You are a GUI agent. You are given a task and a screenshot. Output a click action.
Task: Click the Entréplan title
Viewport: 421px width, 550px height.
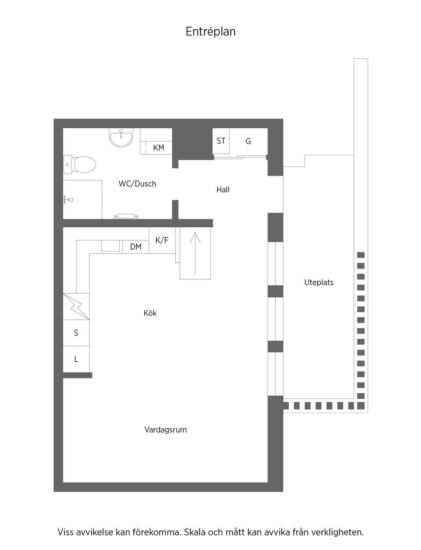coord(210,32)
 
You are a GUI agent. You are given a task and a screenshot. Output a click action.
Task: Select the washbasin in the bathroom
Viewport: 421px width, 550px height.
coord(121,138)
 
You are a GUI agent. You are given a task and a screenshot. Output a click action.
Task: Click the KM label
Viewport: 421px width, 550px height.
coord(158,148)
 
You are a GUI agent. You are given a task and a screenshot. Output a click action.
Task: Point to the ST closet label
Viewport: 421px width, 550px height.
coord(221,141)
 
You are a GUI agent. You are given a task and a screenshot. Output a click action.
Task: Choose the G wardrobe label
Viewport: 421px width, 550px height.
coord(248,141)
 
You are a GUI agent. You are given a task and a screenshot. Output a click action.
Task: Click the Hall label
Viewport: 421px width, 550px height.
coord(223,190)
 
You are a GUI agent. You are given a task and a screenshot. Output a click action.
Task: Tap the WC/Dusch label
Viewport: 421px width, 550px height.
coord(137,184)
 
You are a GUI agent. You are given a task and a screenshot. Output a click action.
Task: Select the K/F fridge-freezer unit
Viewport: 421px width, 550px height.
coord(162,240)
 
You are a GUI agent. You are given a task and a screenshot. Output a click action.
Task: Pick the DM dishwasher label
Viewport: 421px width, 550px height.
coord(136,247)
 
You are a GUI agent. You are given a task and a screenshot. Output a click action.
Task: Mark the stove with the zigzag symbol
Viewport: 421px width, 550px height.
coord(76,306)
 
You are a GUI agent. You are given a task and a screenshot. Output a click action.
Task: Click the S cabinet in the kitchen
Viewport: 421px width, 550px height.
coord(76,333)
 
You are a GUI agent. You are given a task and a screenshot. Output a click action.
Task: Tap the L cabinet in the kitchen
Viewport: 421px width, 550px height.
coord(76,359)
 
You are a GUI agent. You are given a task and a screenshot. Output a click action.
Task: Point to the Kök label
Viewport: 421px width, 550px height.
coord(150,313)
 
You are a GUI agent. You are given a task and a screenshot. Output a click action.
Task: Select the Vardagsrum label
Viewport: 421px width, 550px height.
coord(165,430)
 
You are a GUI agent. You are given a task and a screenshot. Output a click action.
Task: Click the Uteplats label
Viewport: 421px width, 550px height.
coord(319,282)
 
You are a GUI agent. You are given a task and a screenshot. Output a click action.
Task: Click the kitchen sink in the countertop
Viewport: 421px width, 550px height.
coord(111,246)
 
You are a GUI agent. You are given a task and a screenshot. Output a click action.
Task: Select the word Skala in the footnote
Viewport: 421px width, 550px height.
coord(196,532)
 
